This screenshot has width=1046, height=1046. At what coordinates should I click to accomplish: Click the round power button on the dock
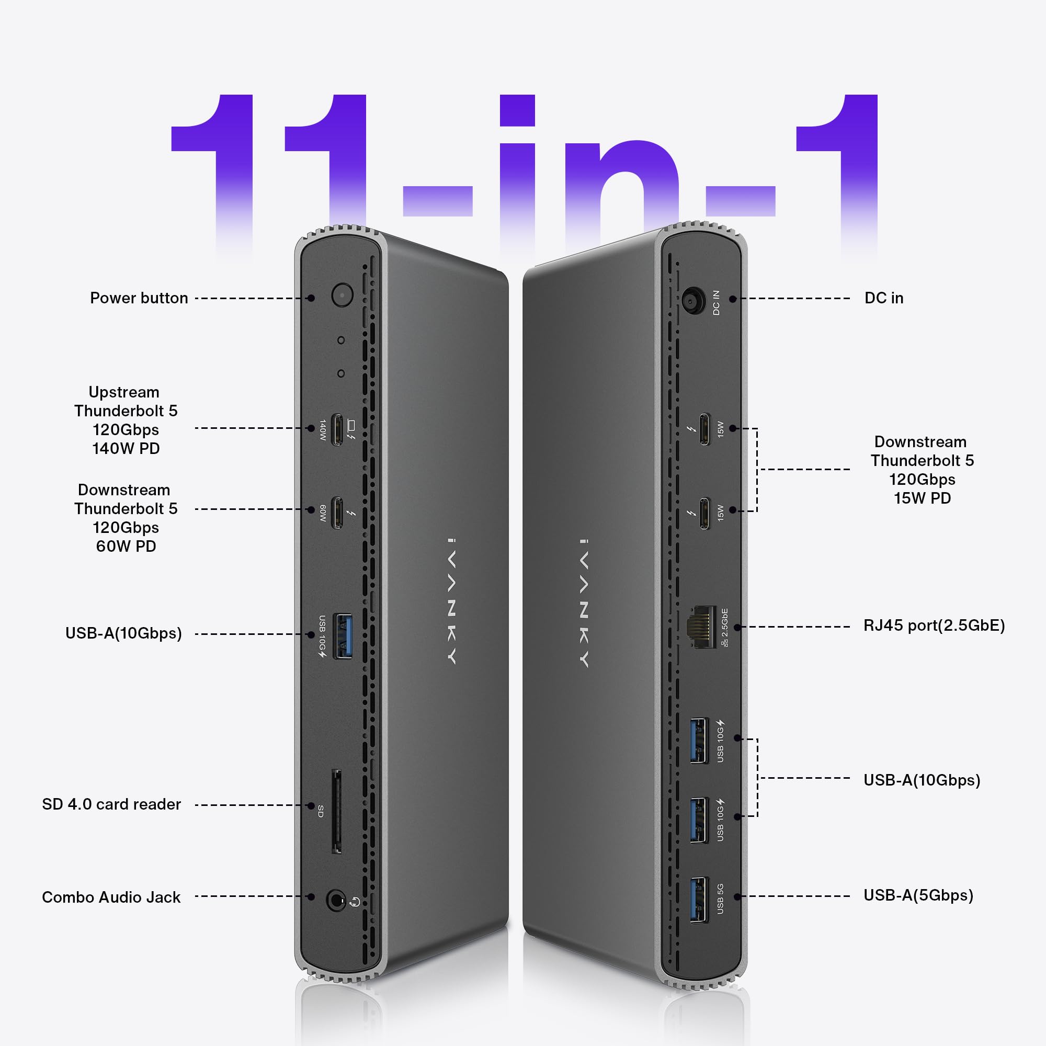tap(342, 295)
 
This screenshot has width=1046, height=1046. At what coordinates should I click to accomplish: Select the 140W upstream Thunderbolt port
tap(337, 430)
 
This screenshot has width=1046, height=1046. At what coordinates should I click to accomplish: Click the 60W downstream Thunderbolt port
tap(337, 512)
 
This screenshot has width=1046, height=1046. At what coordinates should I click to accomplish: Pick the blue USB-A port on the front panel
tap(341, 635)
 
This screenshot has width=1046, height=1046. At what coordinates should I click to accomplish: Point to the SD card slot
tap(336, 812)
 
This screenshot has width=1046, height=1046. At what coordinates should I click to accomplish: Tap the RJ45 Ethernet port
tap(701, 627)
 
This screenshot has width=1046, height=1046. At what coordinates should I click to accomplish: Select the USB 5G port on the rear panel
tap(698, 899)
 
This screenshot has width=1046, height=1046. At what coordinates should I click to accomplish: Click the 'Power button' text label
tap(139, 298)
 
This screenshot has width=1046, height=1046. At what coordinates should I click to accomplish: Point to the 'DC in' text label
tap(883, 298)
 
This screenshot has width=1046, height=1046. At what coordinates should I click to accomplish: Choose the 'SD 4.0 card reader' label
tap(111, 804)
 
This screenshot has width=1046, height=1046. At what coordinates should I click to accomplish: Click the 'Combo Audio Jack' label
tap(111, 897)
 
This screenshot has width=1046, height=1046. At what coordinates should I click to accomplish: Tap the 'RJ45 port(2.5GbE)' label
tap(934, 626)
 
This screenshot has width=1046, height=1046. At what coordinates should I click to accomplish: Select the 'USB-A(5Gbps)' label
tap(918, 895)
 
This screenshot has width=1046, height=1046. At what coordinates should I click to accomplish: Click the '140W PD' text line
tap(126, 449)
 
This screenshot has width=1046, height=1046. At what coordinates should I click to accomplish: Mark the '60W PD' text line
tap(126, 547)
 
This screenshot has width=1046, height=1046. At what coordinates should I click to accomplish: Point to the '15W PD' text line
tap(922, 498)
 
